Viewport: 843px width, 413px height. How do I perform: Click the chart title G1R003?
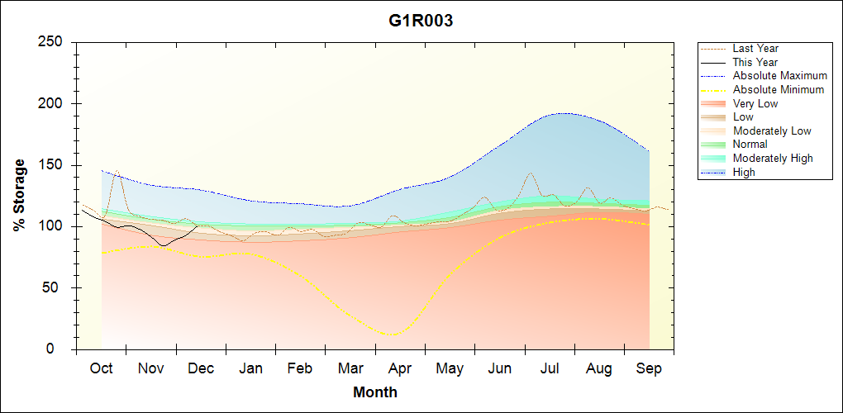(421, 21)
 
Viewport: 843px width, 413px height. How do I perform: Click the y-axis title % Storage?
(20, 195)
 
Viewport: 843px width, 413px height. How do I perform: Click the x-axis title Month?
(375, 392)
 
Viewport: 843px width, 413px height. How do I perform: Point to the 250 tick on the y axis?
(53, 42)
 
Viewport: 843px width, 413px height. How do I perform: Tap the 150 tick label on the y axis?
(53, 165)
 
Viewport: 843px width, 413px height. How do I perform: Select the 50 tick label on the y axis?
(56, 288)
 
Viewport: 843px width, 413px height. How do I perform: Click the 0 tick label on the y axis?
(60, 349)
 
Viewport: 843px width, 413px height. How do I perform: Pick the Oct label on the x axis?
(101, 368)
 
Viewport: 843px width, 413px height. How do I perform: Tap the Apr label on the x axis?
(400, 368)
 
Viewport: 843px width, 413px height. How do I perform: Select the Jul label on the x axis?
(550, 368)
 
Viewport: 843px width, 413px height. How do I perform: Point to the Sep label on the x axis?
(649, 368)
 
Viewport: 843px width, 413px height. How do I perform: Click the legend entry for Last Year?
(755, 49)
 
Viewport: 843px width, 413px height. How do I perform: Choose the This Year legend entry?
(755, 62)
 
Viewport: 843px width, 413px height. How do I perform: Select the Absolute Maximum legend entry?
(779, 76)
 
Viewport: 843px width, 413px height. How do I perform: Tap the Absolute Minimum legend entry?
(779, 89)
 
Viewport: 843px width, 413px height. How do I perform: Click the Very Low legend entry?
(755, 103)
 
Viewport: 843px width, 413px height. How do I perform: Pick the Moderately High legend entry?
(773, 158)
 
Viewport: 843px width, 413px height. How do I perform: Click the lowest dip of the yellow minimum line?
(391, 335)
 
